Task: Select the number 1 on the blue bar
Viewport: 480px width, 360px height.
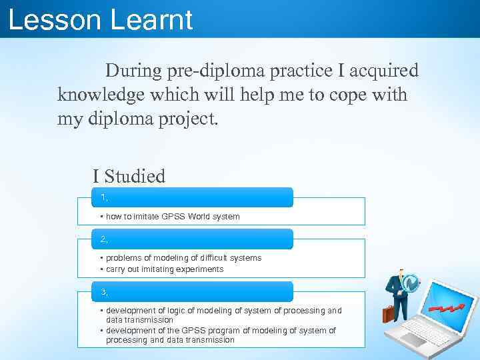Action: point(103,197)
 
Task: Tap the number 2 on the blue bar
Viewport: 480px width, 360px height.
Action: point(103,239)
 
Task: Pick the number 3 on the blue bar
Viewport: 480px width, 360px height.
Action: point(103,292)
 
